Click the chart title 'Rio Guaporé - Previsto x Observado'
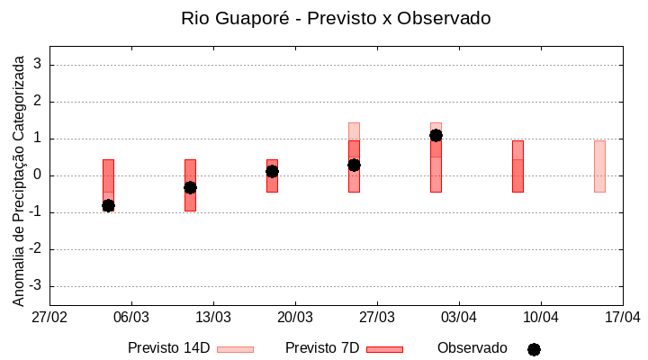coord(336,18)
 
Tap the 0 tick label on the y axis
coord(39,175)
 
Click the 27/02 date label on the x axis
coord(49,317)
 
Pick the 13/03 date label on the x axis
coord(213,317)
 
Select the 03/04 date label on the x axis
coord(459,317)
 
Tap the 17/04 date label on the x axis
coord(622,317)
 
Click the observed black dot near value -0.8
coord(108,205)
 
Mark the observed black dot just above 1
coord(436,135)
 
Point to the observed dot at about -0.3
coord(190,187)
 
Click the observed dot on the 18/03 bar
coord(272,171)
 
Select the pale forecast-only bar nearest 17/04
coord(599,166)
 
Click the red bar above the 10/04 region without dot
coord(517,166)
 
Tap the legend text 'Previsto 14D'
coord(168,348)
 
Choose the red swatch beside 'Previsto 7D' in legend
coord(384,349)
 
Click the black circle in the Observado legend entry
coord(534,349)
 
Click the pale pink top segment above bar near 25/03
coord(354,130)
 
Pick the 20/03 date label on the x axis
coord(295,317)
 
